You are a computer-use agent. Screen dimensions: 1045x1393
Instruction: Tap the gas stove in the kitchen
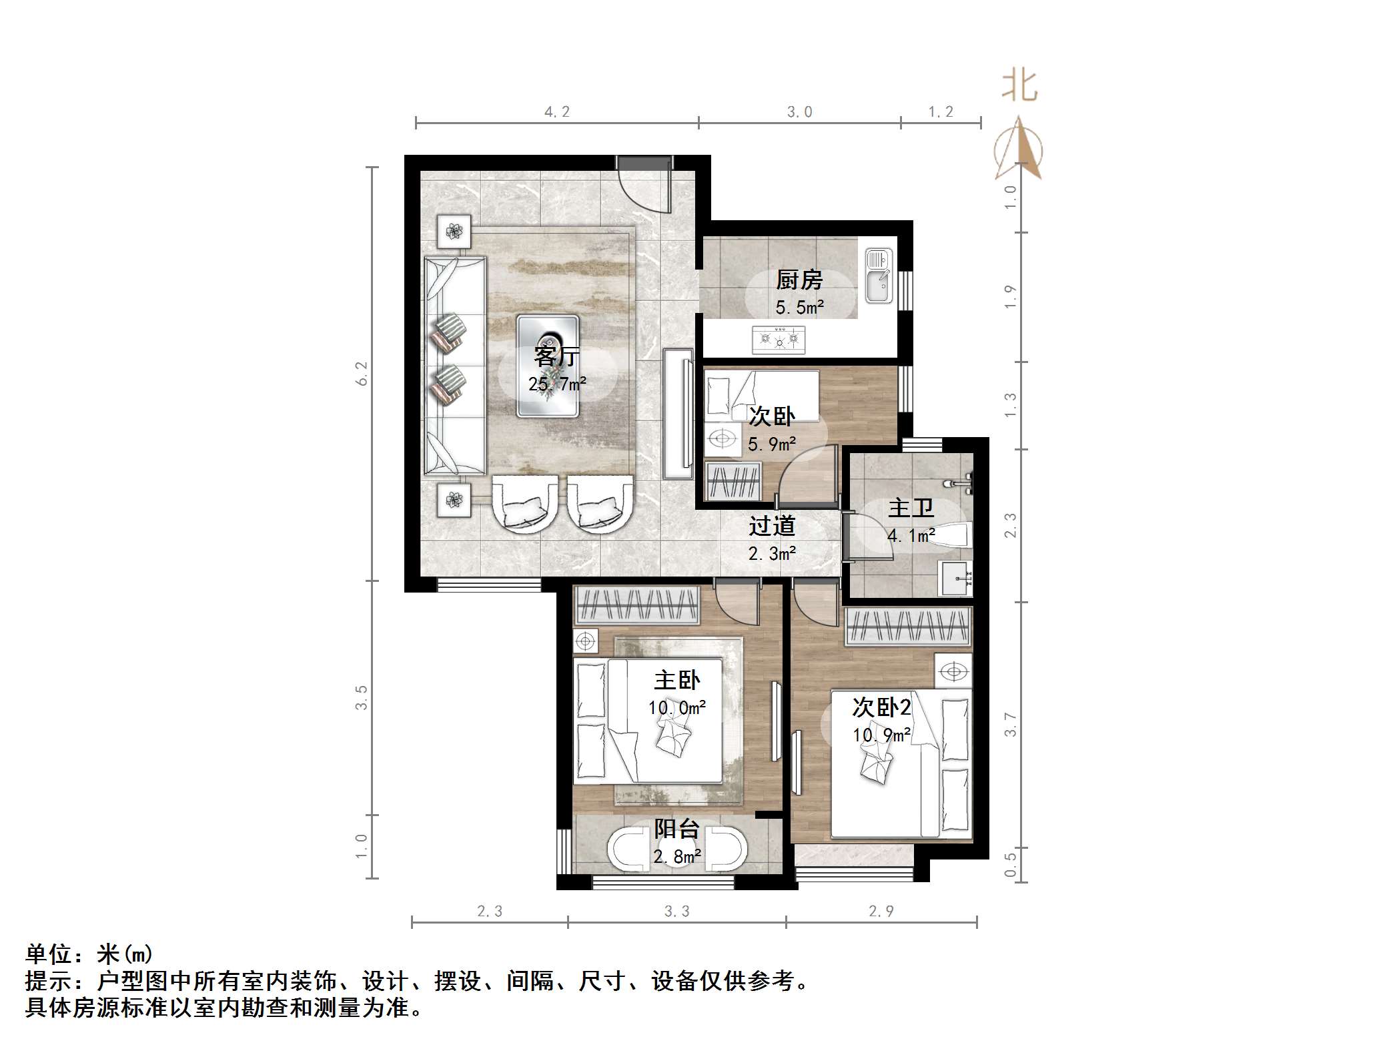(x=778, y=340)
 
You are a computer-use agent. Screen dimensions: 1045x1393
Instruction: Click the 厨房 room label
(x=799, y=280)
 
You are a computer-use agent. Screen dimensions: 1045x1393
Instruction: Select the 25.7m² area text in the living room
(x=557, y=384)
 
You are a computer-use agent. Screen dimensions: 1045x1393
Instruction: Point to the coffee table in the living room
(x=547, y=366)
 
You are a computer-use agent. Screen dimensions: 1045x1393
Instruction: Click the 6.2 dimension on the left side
(x=362, y=374)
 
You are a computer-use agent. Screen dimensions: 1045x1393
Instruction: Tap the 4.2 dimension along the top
(x=556, y=112)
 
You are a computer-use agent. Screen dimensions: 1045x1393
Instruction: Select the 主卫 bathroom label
(x=910, y=508)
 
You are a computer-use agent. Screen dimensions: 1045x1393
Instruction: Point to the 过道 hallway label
(x=772, y=527)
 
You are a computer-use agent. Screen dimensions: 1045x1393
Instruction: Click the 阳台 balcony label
(x=676, y=829)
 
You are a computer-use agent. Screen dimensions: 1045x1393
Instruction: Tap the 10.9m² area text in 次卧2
(x=881, y=735)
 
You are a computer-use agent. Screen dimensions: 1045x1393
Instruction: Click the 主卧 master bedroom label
(x=676, y=681)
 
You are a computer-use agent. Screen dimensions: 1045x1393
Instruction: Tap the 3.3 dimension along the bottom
(x=676, y=912)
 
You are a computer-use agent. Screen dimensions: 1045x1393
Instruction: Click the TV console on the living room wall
(x=678, y=414)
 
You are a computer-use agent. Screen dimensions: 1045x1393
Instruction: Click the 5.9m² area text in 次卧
(x=771, y=444)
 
